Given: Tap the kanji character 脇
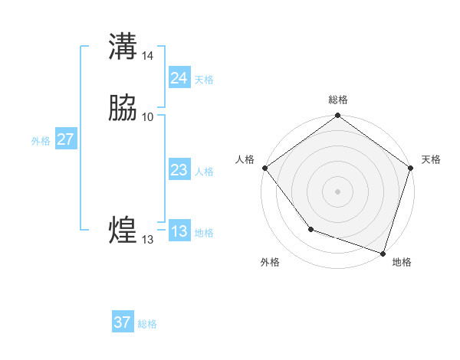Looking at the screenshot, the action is pyautogui.click(x=123, y=109).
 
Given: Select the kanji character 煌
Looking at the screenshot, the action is pyautogui.click(x=123, y=230).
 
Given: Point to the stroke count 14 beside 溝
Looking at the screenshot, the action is pyautogui.click(x=148, y=55).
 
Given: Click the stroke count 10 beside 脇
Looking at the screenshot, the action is pyautogui.click(x=148, y=117).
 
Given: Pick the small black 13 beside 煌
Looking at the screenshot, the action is pyautogui.click(x=147, y=240).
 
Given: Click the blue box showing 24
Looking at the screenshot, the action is pyautogui.click(x=179, y=78).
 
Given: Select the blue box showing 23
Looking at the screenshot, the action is pyautogui.click(x=179, y=171).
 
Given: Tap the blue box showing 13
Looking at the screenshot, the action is pyautogui.click(x=179, y=232).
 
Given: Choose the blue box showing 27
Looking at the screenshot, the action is pyautogui.click(x=66, y=139).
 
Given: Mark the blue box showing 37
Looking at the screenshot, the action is pyautogui.click(x=123, y=322).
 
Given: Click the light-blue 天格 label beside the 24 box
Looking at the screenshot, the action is pyautogui.click(x=204, y=79).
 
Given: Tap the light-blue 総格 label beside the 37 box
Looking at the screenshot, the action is pyautogui.click(x=147, y=324).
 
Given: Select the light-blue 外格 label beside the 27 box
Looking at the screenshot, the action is pyautogui.click(x=41, y=141).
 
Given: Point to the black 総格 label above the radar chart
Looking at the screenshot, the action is pyautogui.click(x=338, y=100).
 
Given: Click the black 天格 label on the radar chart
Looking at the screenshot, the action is pyautogui.click(x=431, y=159).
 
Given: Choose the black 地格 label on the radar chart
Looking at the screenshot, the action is pyautogui.click(x=402, y=262).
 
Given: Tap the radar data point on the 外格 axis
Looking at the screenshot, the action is pyautogui.click(x=310, y=228).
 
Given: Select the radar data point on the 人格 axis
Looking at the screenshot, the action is pyautogui.click(x=264, y=168).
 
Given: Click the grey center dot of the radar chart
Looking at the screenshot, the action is pyautogui.click(x=337, y=191).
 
